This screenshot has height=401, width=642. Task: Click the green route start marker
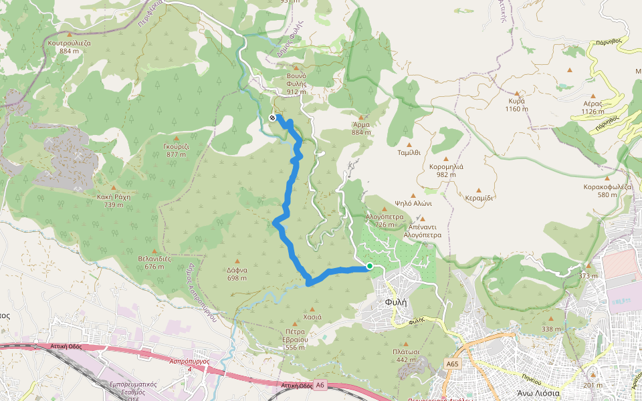[369, 266]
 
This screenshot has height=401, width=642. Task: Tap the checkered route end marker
[272, 118]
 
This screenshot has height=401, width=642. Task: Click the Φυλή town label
[396, 302]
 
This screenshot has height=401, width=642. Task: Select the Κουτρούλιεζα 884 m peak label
[70, 46]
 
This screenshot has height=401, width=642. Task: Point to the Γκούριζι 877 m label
[177, 150]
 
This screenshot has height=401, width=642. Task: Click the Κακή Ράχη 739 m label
[113, 200]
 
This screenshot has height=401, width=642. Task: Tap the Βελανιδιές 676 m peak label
[154, 262]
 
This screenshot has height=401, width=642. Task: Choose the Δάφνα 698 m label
[237, 274]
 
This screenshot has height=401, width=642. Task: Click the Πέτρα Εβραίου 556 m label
[294, 343]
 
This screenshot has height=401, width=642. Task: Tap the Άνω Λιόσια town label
[538, 394]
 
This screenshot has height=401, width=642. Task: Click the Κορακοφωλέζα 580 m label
[607, 190]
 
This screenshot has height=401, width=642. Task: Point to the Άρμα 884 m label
[361, 128]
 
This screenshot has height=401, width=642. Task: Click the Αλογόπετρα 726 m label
[384, 221]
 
